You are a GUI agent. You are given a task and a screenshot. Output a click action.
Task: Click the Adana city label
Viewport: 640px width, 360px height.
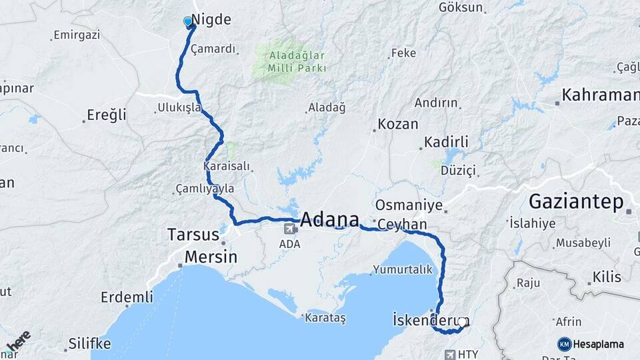[329, 219]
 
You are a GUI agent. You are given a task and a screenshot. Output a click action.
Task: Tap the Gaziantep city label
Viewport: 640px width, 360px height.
[576, 201]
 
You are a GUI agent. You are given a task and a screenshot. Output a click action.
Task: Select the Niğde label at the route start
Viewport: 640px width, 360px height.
[211, 19]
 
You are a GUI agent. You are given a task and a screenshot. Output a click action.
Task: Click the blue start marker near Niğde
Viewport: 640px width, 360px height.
[188, 22]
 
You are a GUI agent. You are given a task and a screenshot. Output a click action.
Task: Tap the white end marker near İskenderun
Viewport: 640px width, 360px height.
[462, 323]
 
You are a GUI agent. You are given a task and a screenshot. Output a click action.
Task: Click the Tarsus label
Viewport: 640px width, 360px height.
[193, 235]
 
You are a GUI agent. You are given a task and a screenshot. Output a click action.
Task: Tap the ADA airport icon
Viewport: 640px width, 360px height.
[291, 229]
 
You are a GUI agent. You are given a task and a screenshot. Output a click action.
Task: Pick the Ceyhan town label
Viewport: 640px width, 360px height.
[402, 225]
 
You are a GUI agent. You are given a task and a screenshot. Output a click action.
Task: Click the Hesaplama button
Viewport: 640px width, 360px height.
[591, 344]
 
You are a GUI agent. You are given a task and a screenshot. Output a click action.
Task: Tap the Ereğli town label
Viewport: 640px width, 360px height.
[107, 115]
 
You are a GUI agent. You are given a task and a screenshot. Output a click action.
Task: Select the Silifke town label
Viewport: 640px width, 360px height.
[89, 344]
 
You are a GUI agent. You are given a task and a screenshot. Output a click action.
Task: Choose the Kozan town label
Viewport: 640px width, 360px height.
[398, 124]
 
